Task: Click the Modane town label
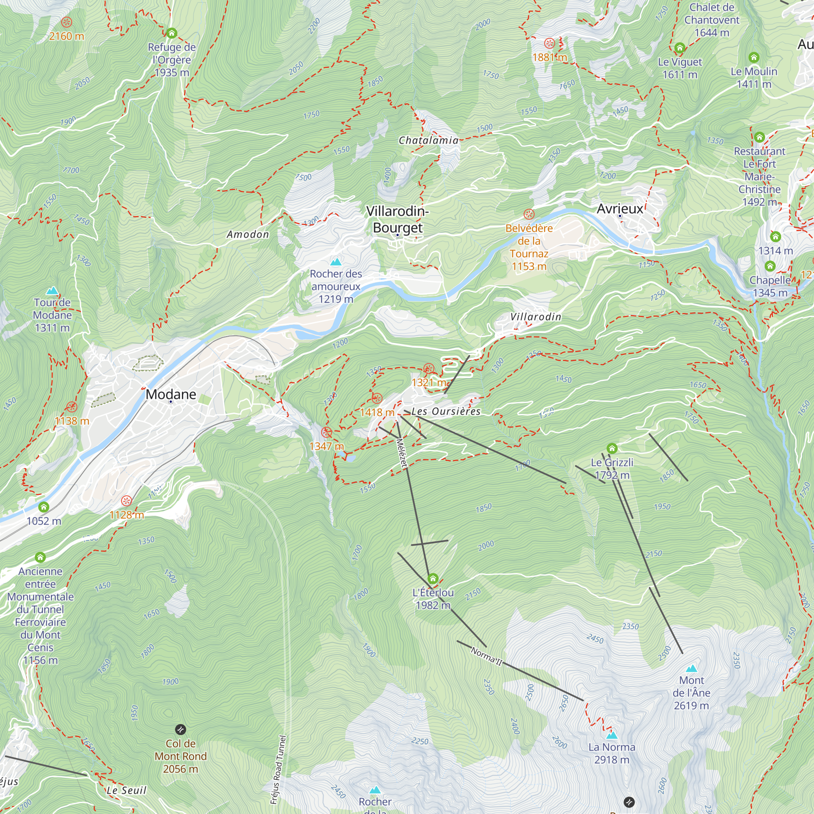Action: point(171,394)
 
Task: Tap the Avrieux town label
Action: point(620,208)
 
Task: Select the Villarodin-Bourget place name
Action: point(397,219)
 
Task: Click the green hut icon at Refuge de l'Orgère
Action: point(171,33)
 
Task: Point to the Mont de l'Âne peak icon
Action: point(691,669)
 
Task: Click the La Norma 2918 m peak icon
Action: point(612,735)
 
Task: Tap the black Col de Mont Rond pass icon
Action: point(180,729)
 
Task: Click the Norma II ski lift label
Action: point(487,656)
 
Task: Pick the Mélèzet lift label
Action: point(402,453)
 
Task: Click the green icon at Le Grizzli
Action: point(612,448)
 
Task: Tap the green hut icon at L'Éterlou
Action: point(433,578)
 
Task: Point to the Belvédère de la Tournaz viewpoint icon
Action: point(529,214)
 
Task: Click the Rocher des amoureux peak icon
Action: point(336,262)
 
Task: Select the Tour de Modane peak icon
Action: point(52,291)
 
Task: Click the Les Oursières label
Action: point(446,411)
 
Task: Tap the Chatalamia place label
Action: point(429,140)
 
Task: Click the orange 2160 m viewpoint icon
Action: point(66,22)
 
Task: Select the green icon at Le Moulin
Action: point(754,57)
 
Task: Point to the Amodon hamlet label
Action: point(248,234)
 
